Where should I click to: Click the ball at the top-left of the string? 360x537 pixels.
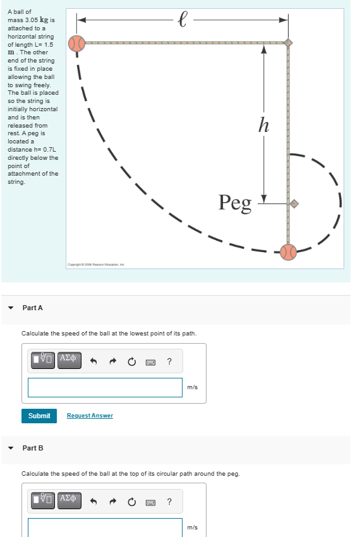point(76,44)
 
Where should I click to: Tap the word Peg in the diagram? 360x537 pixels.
point(235,202)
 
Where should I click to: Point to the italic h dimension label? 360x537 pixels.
point(264,124)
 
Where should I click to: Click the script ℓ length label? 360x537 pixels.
point(183,19)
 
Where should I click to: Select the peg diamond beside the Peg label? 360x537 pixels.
point(294,203)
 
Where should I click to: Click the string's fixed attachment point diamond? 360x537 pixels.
point(288,43)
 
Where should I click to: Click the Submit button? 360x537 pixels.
point(39,416)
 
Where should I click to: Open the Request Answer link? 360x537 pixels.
point(90,416)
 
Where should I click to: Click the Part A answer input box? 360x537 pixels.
point(105,387)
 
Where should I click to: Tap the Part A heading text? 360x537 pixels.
point(33,308)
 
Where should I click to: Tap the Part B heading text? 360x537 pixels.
point(33,448)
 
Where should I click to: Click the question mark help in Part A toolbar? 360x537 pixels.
point(169,361)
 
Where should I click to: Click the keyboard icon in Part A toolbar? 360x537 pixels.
point(150,362)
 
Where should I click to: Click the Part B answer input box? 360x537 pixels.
point(105,527)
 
